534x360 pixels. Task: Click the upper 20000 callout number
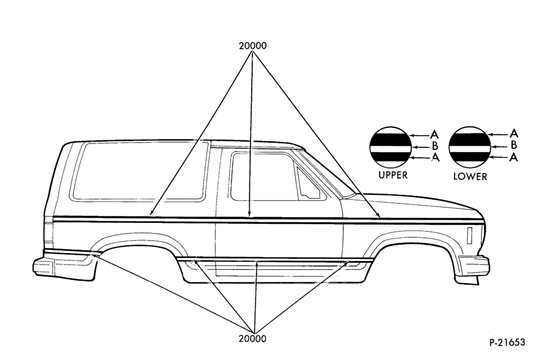tap(253, 46)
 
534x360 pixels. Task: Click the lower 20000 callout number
tap(253, 339)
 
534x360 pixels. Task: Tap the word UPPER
tap(392, 175)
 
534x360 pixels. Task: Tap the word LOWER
tap(470, 176)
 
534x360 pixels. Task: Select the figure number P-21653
tap(507, 342)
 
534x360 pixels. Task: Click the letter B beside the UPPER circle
tap(435, 147)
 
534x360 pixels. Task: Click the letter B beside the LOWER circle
tap(514, 145)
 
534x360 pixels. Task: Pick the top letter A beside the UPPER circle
tap(435, 134)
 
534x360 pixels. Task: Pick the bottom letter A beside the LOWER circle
tap(514, 157)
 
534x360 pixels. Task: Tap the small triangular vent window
tap(308, 184)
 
